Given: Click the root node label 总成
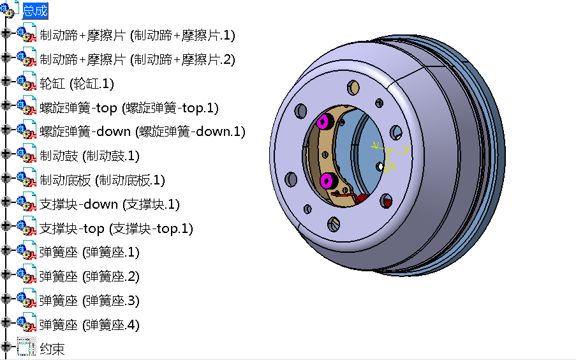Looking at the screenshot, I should tap(35, 11).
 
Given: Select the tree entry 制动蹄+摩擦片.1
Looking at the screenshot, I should tap(137, 35).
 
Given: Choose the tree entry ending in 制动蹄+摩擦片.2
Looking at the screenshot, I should tap(137, 59).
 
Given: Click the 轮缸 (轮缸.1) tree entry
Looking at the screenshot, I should tap(77, 84).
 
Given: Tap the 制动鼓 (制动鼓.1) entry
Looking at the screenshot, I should tap(89, 156).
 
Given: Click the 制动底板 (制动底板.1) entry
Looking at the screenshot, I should tap(102, 180).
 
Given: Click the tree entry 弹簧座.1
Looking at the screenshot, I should tap(89, 252).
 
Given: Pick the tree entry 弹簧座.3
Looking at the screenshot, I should tap(89, 301).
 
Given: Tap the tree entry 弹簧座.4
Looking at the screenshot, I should tap(89, 325).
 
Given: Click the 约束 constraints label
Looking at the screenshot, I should tap(52, 349).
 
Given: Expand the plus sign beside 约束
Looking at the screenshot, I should tap(6, 347).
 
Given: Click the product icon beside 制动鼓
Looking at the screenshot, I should tap(26, 156).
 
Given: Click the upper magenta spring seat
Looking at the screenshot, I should tap(325, 121).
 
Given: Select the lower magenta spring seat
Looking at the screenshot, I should tap(329, 180).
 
